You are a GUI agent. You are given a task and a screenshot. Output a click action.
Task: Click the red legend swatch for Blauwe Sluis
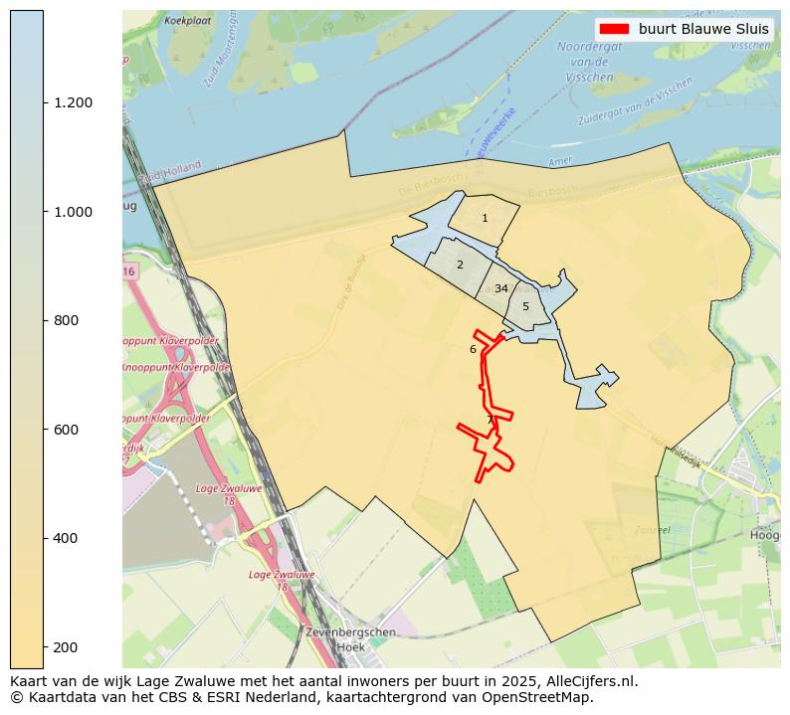coord(615,29)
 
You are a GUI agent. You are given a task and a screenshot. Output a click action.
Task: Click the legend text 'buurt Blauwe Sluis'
coord(703,29)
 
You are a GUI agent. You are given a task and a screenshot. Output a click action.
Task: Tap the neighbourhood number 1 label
coord(485,218)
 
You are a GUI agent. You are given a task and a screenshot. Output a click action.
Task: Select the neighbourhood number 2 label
coord(460,265)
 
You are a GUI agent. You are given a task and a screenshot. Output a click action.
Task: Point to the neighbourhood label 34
coord(501,288)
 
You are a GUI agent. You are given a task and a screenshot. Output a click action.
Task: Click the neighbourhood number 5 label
coord(525,306)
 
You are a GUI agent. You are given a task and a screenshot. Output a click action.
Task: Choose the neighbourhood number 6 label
coord(473,349)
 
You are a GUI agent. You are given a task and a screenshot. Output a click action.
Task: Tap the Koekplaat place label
coord(188,20)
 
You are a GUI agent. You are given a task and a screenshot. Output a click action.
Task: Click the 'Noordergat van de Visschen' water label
coord(589,61)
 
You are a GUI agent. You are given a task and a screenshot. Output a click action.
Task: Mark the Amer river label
coord(560,162)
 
